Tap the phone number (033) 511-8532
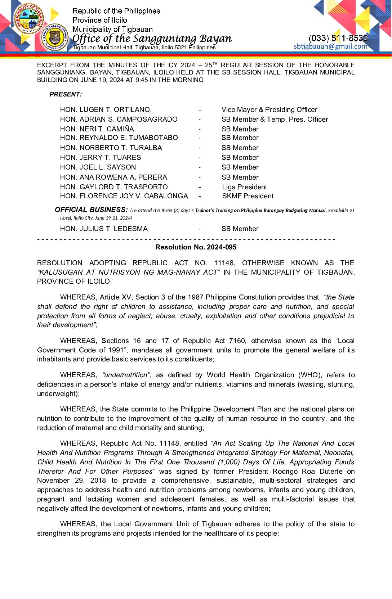pos(338,38)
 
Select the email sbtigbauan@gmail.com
pos(330,46)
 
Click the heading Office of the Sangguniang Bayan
pos(152,38)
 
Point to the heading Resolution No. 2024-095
pos(196,247)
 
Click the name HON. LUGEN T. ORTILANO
pos(106,110)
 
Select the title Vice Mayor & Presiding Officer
pos(269,110)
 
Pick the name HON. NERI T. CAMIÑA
pos(97,129)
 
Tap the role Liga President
pos(244,187)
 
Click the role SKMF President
pos(248,196)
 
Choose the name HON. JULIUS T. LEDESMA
pos(104,229)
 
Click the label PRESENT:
pos(66,94)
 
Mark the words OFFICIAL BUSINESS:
pos(91,210)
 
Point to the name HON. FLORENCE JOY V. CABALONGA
pos(124,196)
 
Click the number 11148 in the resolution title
pos(224,263)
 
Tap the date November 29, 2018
pos(71,481)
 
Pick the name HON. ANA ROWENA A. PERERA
pos(113,177)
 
